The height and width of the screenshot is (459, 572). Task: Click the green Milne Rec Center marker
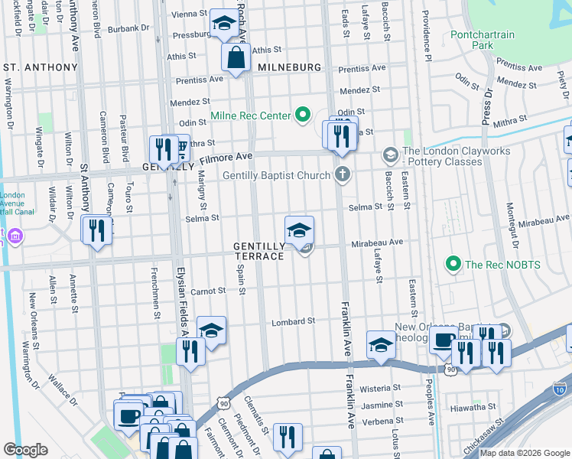pyautogui.click(x=303, y=116)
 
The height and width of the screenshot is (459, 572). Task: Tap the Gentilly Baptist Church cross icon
pyautogui.click(x=342, y=175)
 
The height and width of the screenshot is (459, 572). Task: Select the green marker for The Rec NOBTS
pyautogui.click(x=453, y=265)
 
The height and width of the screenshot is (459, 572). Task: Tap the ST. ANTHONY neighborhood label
pyautogui.click(x=41, y=67)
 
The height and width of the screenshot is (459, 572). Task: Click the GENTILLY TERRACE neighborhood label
pyautogui.click(x=259, y=251)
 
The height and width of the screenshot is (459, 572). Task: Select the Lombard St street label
pyautogui.click(x=294, y=322)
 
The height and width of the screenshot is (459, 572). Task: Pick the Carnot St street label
pyautogui.click(x=208, y=291)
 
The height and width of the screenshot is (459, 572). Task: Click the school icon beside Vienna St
pyautogui.click(x=223, y=24)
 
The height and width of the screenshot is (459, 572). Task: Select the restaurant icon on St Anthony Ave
pyautogui.click(x=97, y=229)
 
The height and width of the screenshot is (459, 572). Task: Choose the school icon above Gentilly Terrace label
pyautogui.click(x=300, y=229)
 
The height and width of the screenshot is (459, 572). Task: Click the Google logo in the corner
pyautogui.click(x=25, y=450)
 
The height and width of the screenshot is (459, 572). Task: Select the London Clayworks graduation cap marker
pyautogui.click(x=390, y=156)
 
